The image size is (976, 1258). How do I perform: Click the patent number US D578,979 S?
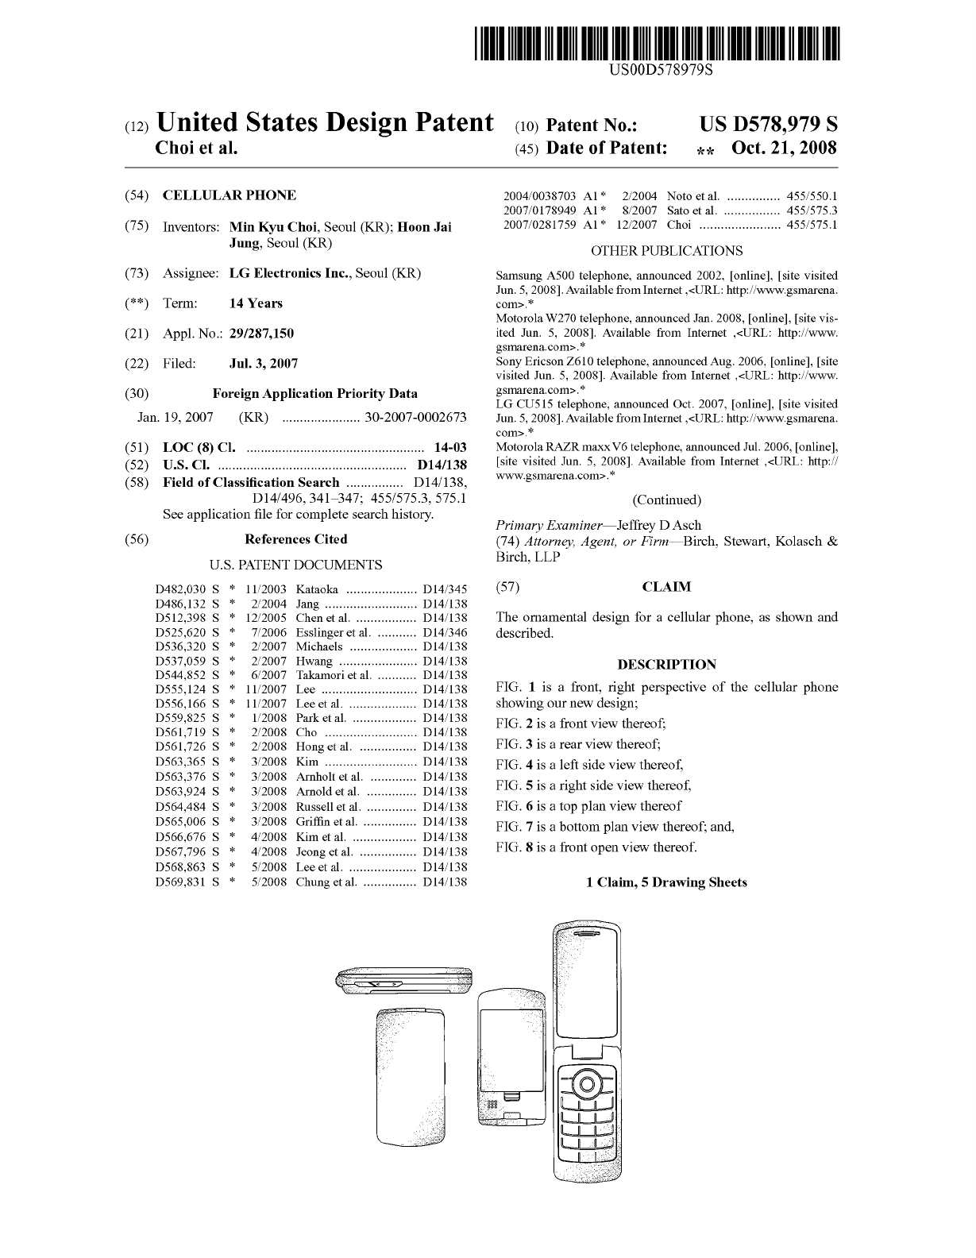pos(768,125)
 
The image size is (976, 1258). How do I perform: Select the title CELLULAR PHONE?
pos(229,195)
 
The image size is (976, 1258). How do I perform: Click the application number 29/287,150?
pos(261,334)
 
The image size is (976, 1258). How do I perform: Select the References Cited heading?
pos(295,539)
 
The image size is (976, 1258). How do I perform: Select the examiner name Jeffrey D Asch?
pos(658,525)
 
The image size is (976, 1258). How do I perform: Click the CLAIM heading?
pos(665,587)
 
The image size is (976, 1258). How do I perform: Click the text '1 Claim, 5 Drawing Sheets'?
pos(666,882)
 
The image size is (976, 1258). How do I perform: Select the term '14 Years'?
pos(255,303)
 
